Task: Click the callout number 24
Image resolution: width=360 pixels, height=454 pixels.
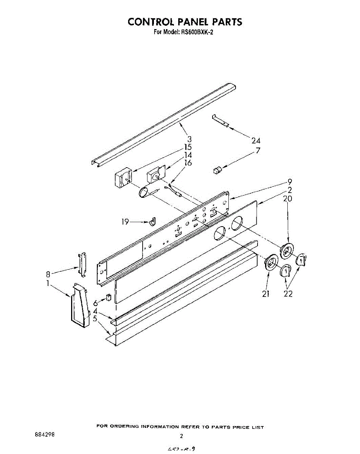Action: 256,140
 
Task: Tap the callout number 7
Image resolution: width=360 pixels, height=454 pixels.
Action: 258,150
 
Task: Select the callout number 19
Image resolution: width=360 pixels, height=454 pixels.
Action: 125,222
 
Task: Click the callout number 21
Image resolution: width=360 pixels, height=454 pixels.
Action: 265,294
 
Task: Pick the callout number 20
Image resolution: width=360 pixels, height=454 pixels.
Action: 287,198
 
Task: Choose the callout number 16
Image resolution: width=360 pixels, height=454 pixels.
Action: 188,163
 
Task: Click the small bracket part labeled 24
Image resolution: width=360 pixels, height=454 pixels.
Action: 220,121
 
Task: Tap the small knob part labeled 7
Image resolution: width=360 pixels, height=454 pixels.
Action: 217,170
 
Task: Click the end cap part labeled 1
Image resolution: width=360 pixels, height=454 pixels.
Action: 80,305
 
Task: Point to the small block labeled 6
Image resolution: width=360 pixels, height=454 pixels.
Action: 108,297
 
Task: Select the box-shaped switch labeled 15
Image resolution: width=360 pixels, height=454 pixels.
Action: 123,178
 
